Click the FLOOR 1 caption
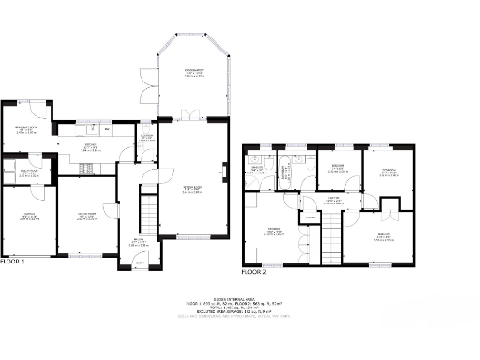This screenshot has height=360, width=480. (x=12, y=262)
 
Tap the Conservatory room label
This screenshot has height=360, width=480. (x=194, y=72)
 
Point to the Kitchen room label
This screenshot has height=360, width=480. (x=90, y=147)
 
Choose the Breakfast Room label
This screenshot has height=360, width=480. (x=25, y=130)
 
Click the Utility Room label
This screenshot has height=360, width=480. (x=28, y=172)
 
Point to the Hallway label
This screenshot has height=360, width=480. (x=138, y=242)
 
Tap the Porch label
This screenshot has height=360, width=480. (x=139, y=263)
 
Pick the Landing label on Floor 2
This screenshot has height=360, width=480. (x=332, y=199)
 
